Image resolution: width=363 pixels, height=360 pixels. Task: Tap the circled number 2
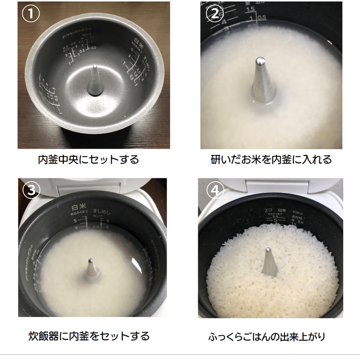pos(214,15)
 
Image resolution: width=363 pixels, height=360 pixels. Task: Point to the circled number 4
pos(214,190)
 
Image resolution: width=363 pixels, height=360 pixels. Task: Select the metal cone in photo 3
pos(91,270)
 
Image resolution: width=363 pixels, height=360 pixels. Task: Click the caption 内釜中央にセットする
pos(89,160)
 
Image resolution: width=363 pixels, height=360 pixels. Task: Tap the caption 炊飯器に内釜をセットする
pos(89,336)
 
